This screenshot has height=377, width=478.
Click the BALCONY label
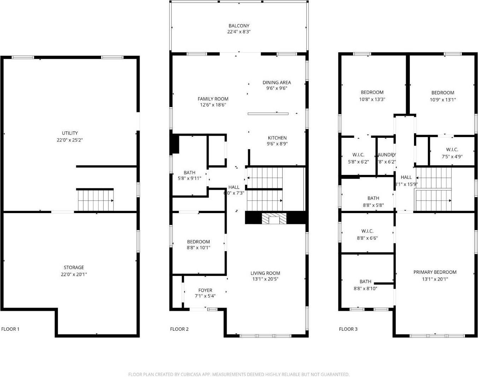239,26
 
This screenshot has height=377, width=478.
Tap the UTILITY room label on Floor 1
70,133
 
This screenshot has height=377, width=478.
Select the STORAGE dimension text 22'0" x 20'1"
74,274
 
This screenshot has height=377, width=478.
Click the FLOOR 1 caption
10,329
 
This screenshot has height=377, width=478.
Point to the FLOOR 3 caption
348,329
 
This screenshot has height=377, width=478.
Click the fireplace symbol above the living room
274,219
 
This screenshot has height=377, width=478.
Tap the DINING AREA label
276,83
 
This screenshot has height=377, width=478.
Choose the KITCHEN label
277,138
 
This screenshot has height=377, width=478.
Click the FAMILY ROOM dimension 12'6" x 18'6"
213,105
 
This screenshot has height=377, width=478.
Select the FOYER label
205,290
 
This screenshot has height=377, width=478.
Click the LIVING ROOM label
265,273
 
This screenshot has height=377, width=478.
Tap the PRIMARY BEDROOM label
435,272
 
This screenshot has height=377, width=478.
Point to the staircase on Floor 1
95,200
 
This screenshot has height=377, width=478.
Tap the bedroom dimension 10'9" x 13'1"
443,100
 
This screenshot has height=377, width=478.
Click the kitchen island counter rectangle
268,114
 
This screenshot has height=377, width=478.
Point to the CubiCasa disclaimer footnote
239,374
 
